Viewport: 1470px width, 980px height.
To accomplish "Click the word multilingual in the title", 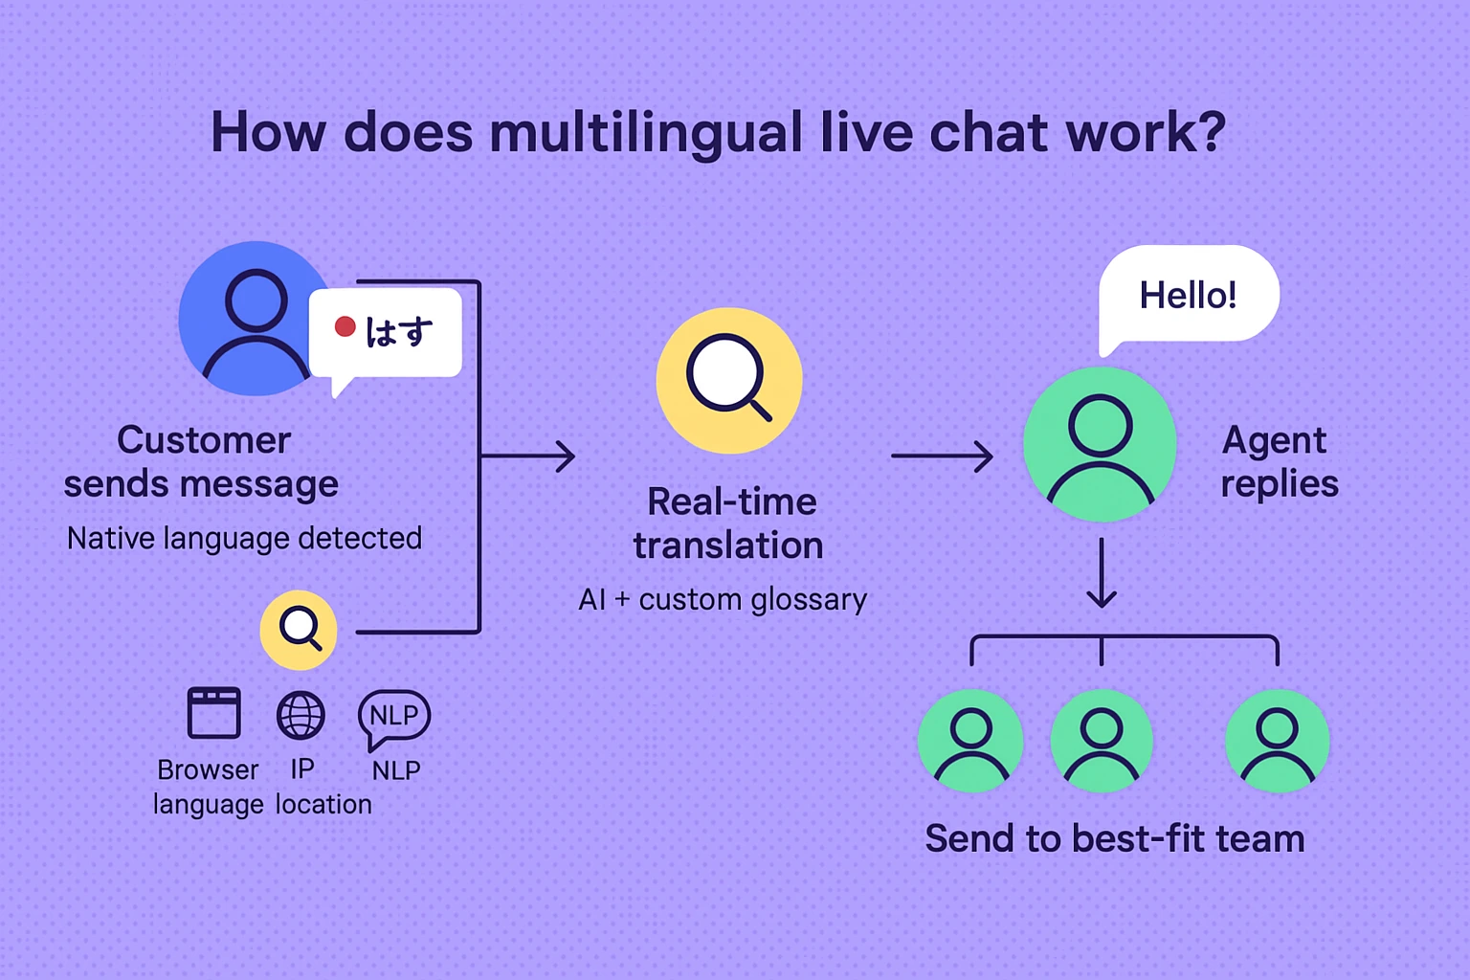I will pyautogui.click(x=646, y=133).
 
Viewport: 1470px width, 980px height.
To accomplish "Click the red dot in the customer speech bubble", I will pyautogui.click(x=345, y=327).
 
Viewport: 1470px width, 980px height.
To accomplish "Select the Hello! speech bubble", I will pyautogui.click(x=1189, y=295).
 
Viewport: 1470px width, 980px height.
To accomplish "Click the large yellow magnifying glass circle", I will pyautogui.click(x=729, y=380).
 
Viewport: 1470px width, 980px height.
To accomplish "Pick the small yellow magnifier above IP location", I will pyautogui.click(x=299, y=630).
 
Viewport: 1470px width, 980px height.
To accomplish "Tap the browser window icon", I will pyautogui.click(x=213, y=713).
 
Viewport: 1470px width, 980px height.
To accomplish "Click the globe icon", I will pyautogui.click(x=301, y=715).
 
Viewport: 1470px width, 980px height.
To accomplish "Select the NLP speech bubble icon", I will pyautogui.click(x=393, y=717).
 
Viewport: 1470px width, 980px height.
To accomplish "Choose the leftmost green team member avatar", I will pyautogui.click(x=970, y=742).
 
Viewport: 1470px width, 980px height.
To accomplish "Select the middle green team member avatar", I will pyautogui.click(x=1102, y=742).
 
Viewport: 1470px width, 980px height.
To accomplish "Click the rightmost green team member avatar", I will pyautogui.click(x=1277, y=742).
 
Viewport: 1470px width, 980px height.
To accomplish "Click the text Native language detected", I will pyautogui.click(x=244, y=539).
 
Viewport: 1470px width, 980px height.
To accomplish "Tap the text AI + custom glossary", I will pyautogui.click(x=723, y=600).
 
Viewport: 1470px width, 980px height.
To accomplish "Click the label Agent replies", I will pyautogui.click(x=1279, y=462).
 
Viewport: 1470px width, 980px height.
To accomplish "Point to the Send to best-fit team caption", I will pyautogui.click(x=1115, y=839).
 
